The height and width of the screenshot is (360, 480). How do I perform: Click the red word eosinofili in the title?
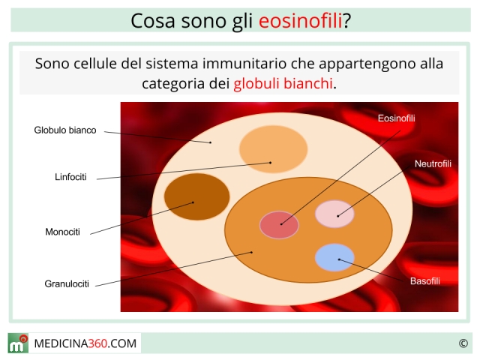300,21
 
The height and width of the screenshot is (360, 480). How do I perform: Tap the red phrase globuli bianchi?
283,83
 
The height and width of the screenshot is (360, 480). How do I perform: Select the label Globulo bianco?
65,130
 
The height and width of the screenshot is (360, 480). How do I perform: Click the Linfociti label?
70,177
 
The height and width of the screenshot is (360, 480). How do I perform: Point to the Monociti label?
62,232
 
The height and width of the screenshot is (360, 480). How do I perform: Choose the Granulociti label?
67,283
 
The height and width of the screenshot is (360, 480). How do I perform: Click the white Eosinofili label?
397,118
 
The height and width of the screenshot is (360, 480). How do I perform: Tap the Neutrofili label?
433,163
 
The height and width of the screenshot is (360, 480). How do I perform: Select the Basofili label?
425,281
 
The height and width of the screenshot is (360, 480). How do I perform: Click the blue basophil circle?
334,257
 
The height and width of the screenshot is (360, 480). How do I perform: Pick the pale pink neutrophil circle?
334,214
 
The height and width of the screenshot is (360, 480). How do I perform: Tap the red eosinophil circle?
279,225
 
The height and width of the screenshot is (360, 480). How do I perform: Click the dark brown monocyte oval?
196,196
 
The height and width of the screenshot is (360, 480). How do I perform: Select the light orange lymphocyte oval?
273,149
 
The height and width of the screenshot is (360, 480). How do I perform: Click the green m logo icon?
18,343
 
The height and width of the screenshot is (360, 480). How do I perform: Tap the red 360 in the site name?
97,343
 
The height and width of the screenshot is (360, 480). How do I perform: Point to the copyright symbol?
463,343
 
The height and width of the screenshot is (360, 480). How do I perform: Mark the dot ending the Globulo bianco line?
210,142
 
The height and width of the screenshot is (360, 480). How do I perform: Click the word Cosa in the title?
153,21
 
